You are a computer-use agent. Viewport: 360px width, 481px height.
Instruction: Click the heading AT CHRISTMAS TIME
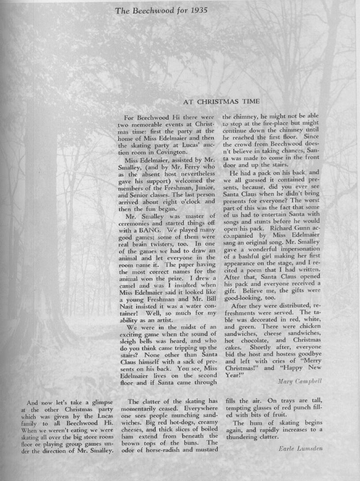(221, 101)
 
